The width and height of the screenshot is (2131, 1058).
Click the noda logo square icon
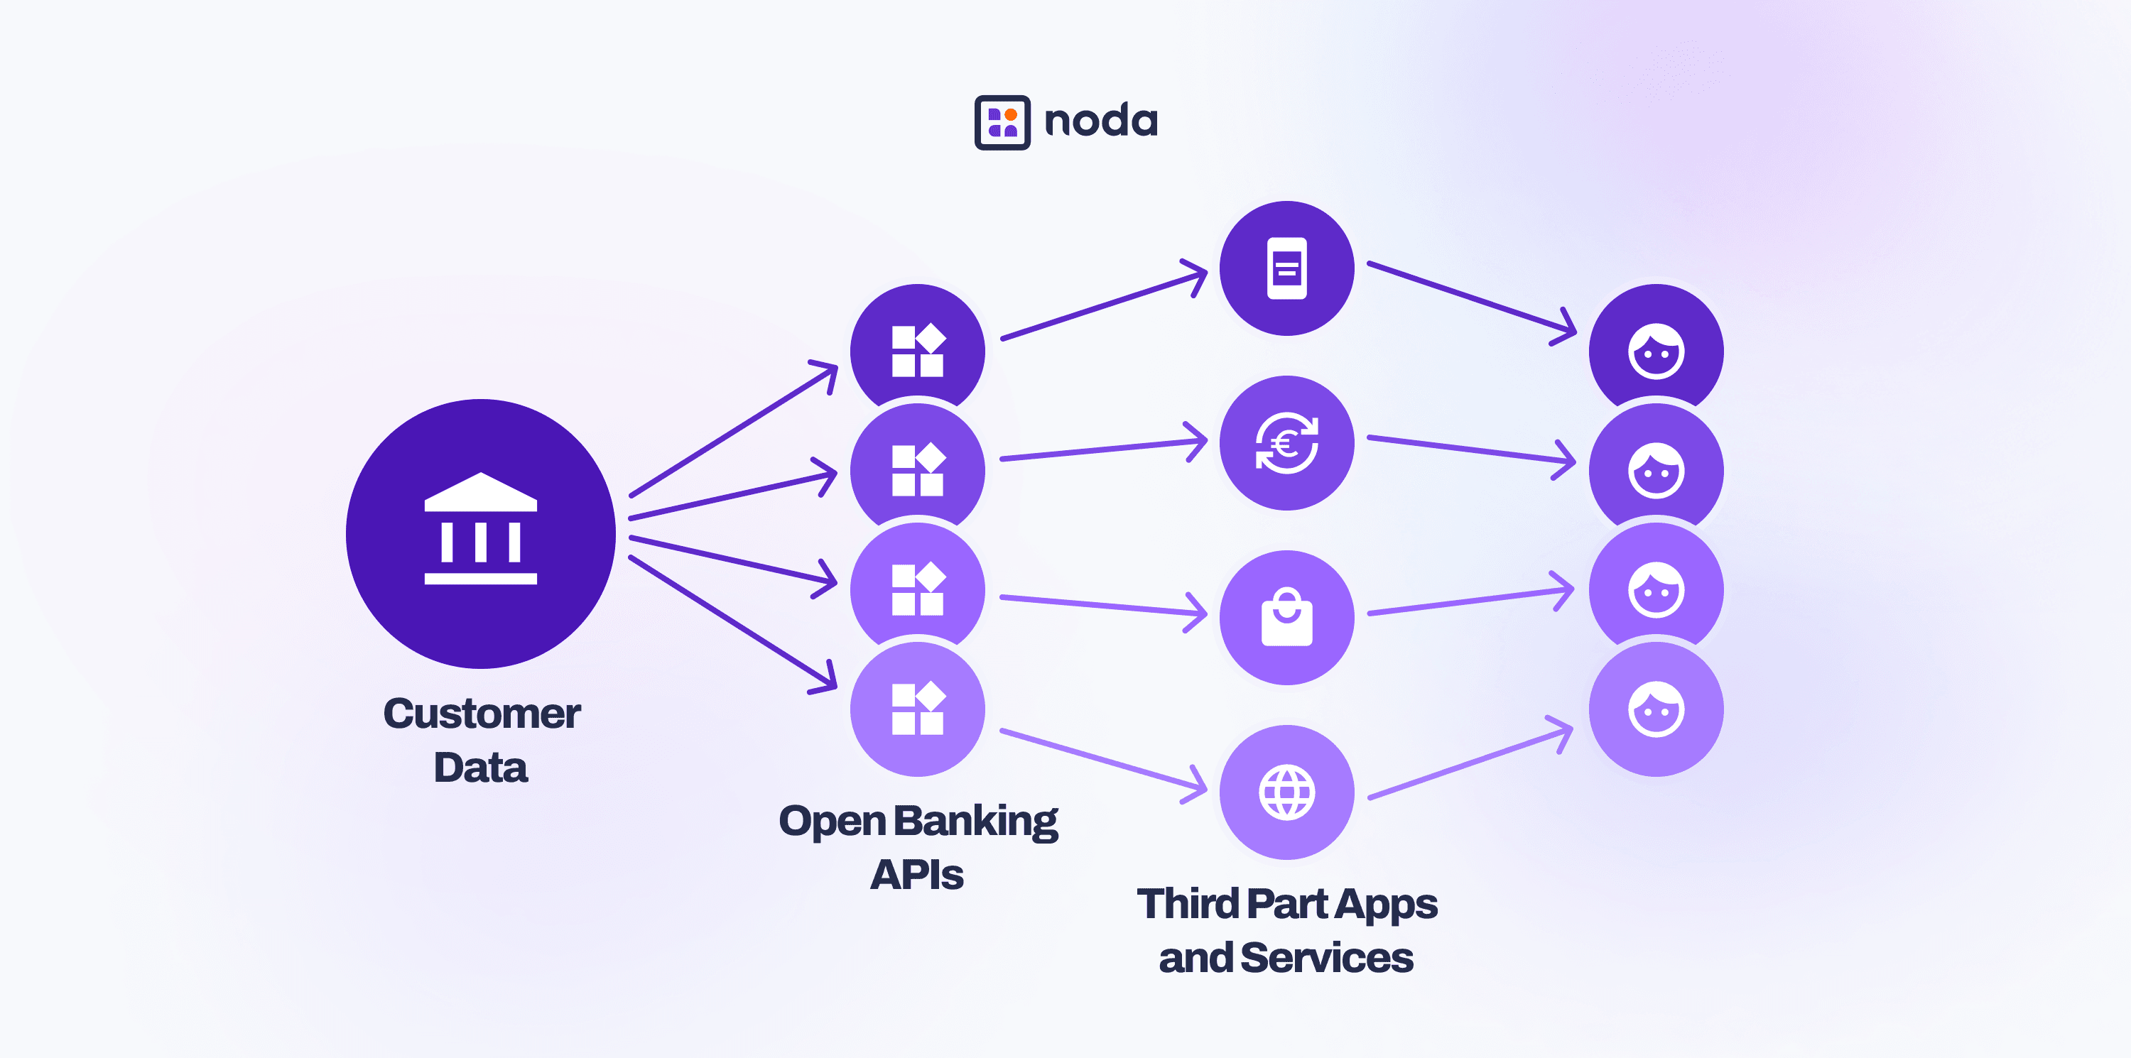pyautogui.click(x=1002, y=122)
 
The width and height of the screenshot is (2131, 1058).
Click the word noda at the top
pyautogui.click(x=1101, y=122)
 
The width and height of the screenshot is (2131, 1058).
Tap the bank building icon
pyautogui.click(x=481, y=530)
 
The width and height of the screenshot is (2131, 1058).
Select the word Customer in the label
pyautogui.click(x=482, y=714)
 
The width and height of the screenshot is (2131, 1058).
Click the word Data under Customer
pyautogui.click(x=481, y=768)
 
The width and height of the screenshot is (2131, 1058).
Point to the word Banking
pyautogui.click(x=976, y=822)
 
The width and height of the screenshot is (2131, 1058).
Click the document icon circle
pyautogui.click(x=1286, y=268)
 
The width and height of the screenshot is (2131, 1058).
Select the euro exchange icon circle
pyautogui.click(x=1286, y=443)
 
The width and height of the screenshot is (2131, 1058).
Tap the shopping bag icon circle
pyautogui.click(x=1286, y=618)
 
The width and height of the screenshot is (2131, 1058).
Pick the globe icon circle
pyautogui.click(x=1286, y=792)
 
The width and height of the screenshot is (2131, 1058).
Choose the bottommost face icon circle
pyautogui.click(x=1656, y=710)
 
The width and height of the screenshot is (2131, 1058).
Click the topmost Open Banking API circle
pyautogui.click(x=918, y=347)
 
